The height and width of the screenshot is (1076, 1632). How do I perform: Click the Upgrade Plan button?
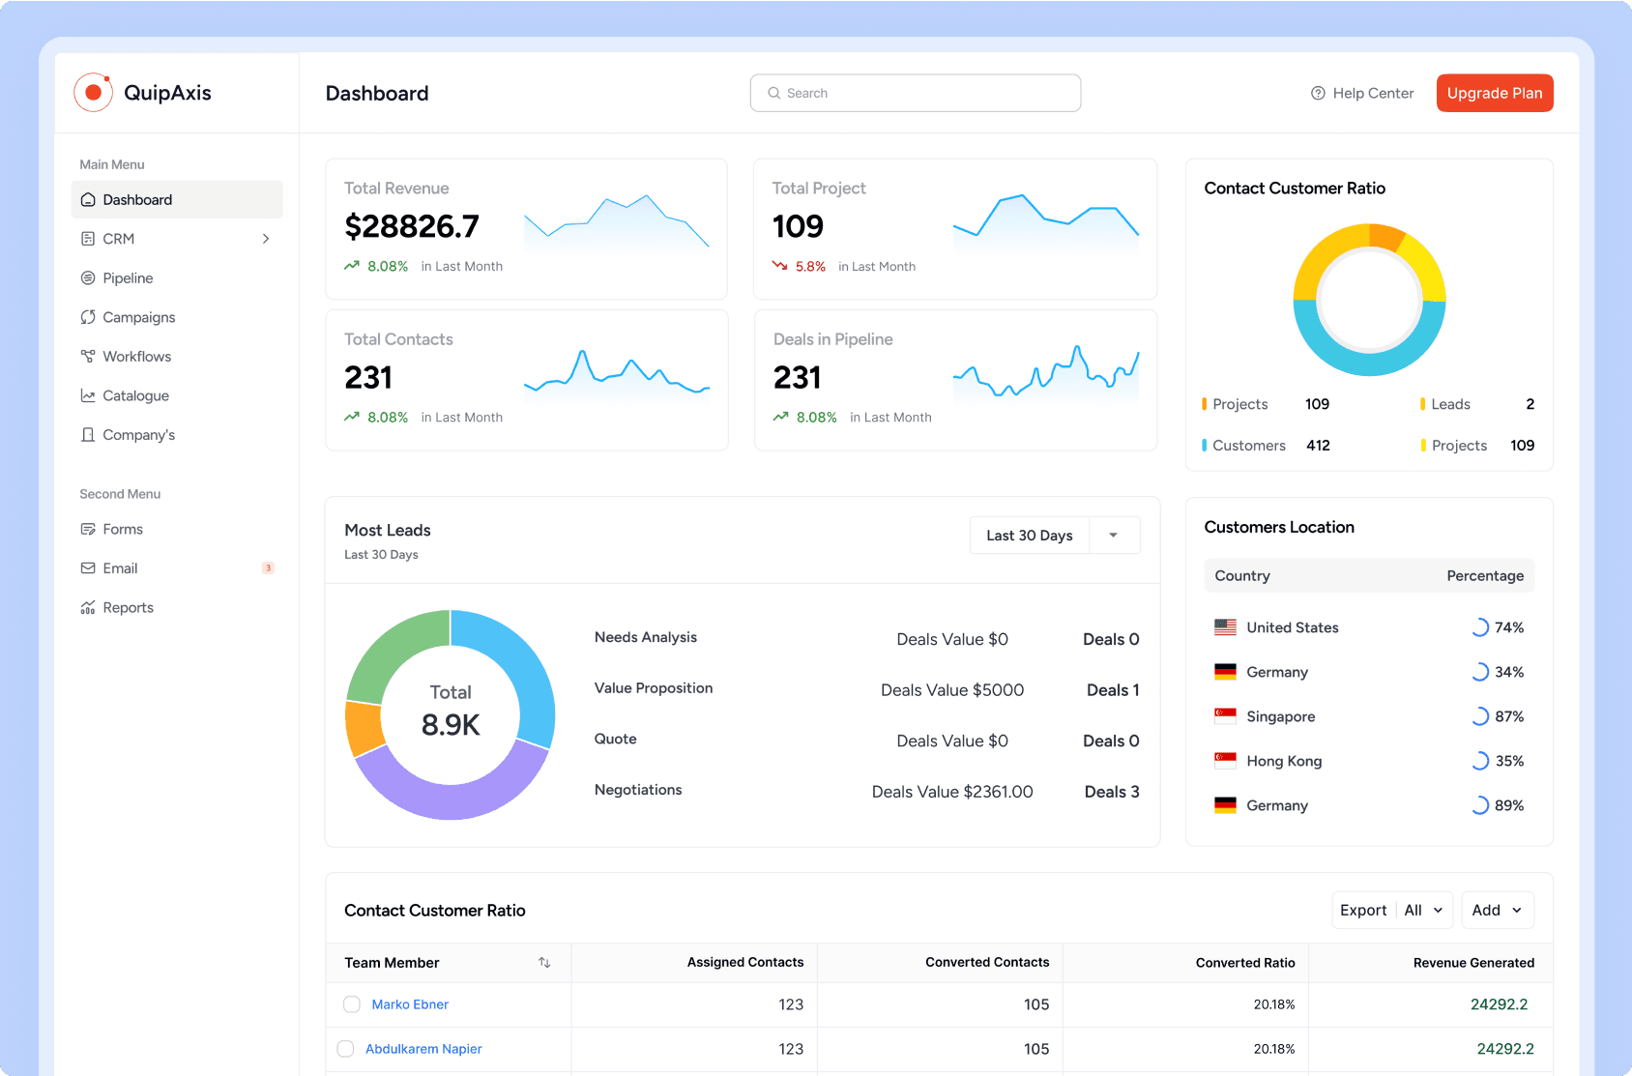coord(1494,93)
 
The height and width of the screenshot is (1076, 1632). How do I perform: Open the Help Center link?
coord(1362,93)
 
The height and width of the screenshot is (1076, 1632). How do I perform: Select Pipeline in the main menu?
coord(128,278)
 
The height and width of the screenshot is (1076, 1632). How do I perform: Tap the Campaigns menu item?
coord(138,317)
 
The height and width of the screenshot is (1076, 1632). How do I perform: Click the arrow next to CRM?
coord(266,239)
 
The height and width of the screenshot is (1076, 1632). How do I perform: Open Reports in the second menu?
coord(128,607)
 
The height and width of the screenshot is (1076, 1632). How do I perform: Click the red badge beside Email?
coord(268,568)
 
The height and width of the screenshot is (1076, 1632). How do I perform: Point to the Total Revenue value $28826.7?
coord(412,226)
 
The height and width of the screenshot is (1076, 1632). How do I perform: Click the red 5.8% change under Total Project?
coord(810,267)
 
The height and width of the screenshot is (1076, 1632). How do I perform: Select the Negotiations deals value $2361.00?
coord(952,792)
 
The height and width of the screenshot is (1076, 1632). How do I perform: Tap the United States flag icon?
coord(1225,627)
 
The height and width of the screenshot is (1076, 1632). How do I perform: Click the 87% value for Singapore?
coord(1508,716)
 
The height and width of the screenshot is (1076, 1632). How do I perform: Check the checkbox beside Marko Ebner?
coord(352,1004)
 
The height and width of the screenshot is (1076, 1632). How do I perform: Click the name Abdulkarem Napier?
coord(423,1049)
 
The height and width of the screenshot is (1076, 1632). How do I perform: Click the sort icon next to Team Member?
coord(544,963)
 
